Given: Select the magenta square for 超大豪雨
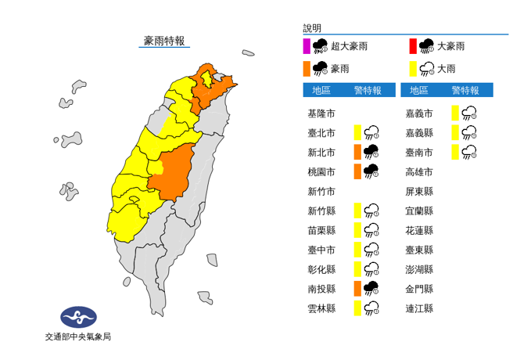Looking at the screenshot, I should pos(308,46).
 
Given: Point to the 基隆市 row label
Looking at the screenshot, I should pos(321,113).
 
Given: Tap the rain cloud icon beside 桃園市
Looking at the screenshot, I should pos(371,171).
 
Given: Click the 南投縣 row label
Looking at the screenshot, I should pos(321,289).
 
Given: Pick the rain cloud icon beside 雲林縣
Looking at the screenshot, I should pos(371,308).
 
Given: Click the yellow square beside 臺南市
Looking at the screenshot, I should pos(454,152).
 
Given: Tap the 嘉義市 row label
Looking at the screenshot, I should pos(419,113).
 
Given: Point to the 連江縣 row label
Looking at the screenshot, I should pos(419,308).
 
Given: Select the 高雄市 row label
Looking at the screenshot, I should pos(419,172).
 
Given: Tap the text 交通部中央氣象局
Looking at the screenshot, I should pos(77,337).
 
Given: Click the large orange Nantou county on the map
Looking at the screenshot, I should pos(173,175).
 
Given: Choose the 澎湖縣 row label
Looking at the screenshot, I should pos(419,269).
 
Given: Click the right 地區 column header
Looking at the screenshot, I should pos(418,90).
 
